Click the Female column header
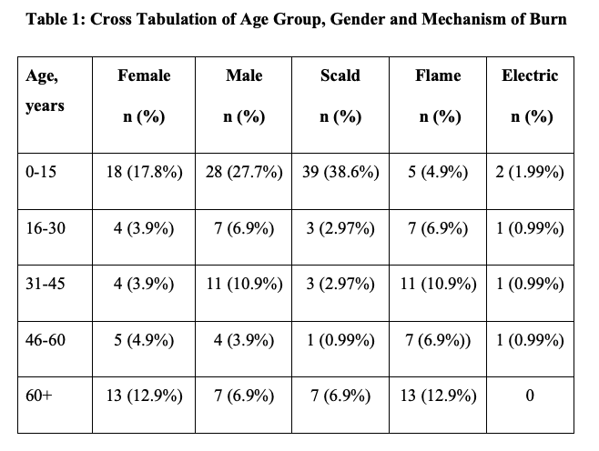(x=144, y=76)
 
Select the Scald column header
(x=340, y=76)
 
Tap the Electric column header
(x=529, y=76)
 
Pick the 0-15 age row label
(x=41, y=172)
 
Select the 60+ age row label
(x=39, y=396)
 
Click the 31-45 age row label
(x=45, y=284)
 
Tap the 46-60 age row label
(x=45, y=340)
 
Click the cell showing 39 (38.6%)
(x=340, y=172)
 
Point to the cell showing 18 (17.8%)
(x=144, y=172)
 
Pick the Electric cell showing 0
(x=529, y=396)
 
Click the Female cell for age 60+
(x=144, y=396)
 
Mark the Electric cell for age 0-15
(x=529, y=172)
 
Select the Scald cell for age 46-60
(x=340, y=340)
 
